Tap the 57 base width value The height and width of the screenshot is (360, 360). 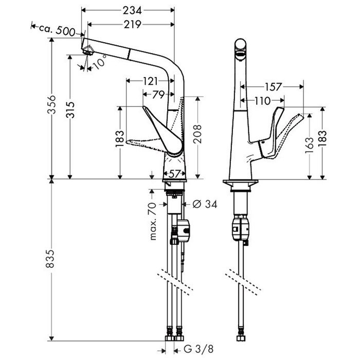(174, 173)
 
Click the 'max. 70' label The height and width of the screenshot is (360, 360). (153, 221)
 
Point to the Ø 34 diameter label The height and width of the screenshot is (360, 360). (205, 204)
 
